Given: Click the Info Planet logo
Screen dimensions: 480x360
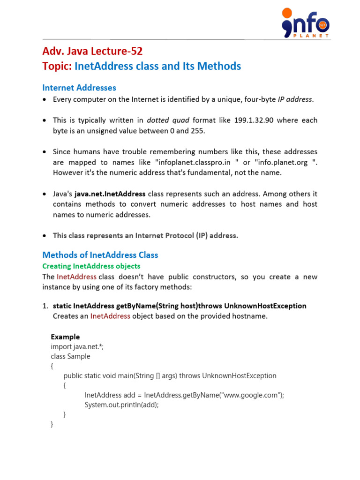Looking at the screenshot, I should (305, 22).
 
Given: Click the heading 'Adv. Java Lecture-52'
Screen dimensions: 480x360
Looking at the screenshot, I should (92, 51).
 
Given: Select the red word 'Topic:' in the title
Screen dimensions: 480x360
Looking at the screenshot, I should (57, 66).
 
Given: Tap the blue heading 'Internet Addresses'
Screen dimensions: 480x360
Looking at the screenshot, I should (79, 88).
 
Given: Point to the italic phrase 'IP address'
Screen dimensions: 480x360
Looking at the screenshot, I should (295, 99).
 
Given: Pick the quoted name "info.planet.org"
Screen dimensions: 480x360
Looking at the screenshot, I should (283, 162).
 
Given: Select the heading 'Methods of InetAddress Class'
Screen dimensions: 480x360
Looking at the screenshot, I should (100, 255).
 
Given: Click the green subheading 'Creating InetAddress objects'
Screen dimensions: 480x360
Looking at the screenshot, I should (91, 266).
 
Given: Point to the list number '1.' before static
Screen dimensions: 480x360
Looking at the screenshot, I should (45, 306).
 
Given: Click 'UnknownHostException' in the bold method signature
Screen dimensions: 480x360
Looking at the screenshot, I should (265, 306).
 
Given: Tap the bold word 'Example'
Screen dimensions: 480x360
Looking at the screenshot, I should (65, 337).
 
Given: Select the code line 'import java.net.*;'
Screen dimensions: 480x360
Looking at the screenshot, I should (77, 346).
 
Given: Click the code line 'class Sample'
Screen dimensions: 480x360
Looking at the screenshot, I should (70, 356).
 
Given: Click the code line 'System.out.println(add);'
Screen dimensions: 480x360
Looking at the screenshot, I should (121, 405).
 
